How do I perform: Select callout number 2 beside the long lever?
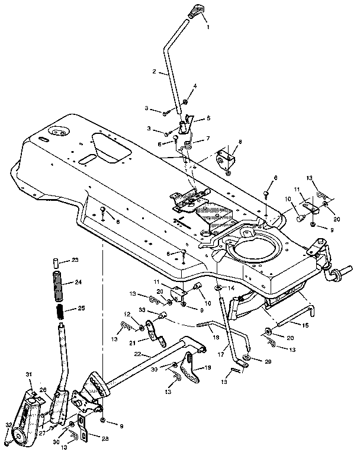point(155,72)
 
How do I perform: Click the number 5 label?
point(208,118)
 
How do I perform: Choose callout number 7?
point(208,140)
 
